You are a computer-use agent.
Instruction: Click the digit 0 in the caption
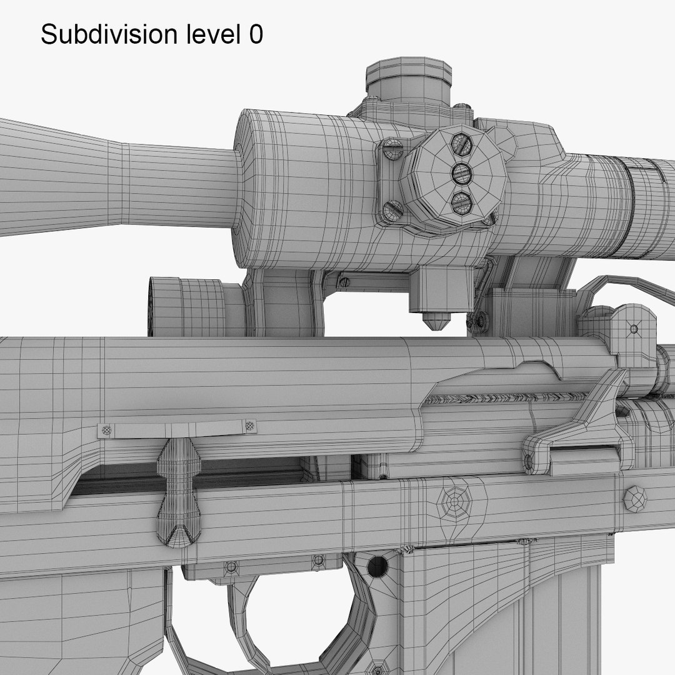click(x=256, y=35)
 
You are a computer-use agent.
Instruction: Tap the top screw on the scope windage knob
click(x=462, y=144)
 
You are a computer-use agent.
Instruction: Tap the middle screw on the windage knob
click(x=461, y=172)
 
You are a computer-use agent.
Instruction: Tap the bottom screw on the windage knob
click(x=461, y=201)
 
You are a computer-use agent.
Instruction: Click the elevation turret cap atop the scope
click(x=408, y=78)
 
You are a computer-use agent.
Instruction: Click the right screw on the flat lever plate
click(x=251, y=426)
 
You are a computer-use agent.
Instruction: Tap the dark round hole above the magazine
click(x=377, y=567)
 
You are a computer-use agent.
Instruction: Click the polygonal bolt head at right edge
click(x=636, y=499)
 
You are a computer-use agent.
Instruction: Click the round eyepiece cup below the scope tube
click(x=187, y=307)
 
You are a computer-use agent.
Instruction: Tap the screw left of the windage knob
click(x=392, y=149)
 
